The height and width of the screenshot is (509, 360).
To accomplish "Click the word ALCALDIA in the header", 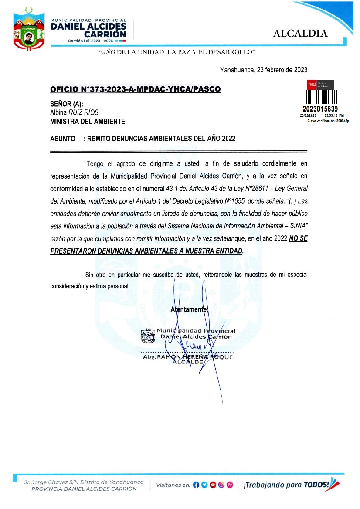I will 300,34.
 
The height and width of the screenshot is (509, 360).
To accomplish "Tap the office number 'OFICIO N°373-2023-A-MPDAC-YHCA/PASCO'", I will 136,89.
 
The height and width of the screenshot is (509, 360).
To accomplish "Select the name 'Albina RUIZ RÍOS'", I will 75,112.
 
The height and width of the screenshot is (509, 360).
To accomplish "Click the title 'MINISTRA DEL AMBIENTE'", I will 88,122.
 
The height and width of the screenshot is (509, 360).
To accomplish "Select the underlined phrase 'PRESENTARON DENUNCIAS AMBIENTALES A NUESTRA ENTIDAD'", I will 147,251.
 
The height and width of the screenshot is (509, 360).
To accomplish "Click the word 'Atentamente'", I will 189,309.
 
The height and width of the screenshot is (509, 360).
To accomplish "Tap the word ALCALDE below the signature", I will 188,362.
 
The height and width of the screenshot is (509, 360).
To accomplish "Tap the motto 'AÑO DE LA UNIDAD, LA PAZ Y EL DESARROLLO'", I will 177,52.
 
